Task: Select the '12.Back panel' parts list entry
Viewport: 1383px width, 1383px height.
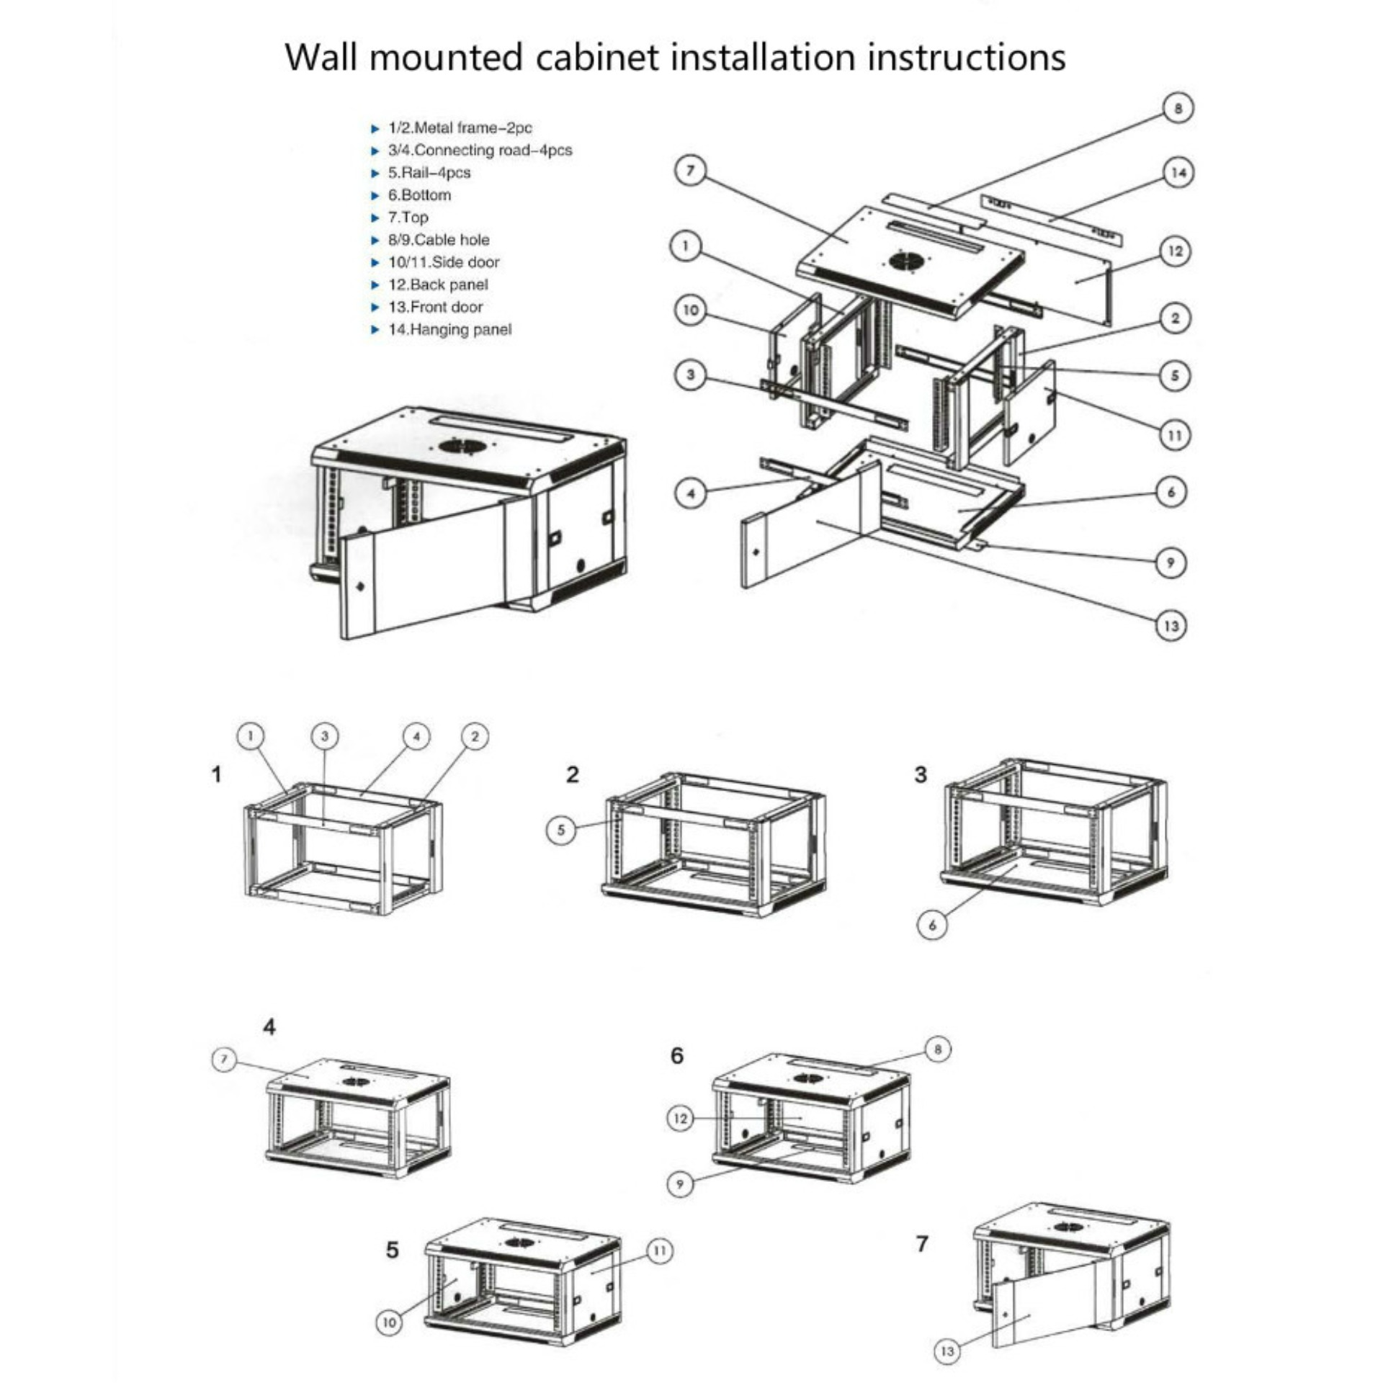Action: tap(437, 285)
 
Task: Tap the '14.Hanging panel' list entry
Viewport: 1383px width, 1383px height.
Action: tap(449, 329)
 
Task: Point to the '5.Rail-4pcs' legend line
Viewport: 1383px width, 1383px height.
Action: tap(429, 173)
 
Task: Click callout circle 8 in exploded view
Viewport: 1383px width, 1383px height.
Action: tap(1178, 109)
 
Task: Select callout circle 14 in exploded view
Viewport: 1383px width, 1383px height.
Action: tap(1178, 173)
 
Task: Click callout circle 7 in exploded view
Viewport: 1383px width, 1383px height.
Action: tap(691, 171)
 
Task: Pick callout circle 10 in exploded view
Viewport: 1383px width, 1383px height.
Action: tap(690, 310)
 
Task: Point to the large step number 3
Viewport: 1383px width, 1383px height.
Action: tap(921, 775)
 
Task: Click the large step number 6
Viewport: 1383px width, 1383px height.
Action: tap(677, 1056)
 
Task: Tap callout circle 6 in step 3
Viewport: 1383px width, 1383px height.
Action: tap(932, 925)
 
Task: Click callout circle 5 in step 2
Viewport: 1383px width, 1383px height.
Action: tap(561, 830)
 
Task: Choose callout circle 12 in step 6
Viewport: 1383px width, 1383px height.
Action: tap(680, 1119)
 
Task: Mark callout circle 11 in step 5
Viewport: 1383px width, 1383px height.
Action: tap(659, 1251)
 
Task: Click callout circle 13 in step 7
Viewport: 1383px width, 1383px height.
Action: tap(947, 1351)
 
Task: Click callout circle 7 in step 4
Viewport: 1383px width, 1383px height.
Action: tap(224, 1060)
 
